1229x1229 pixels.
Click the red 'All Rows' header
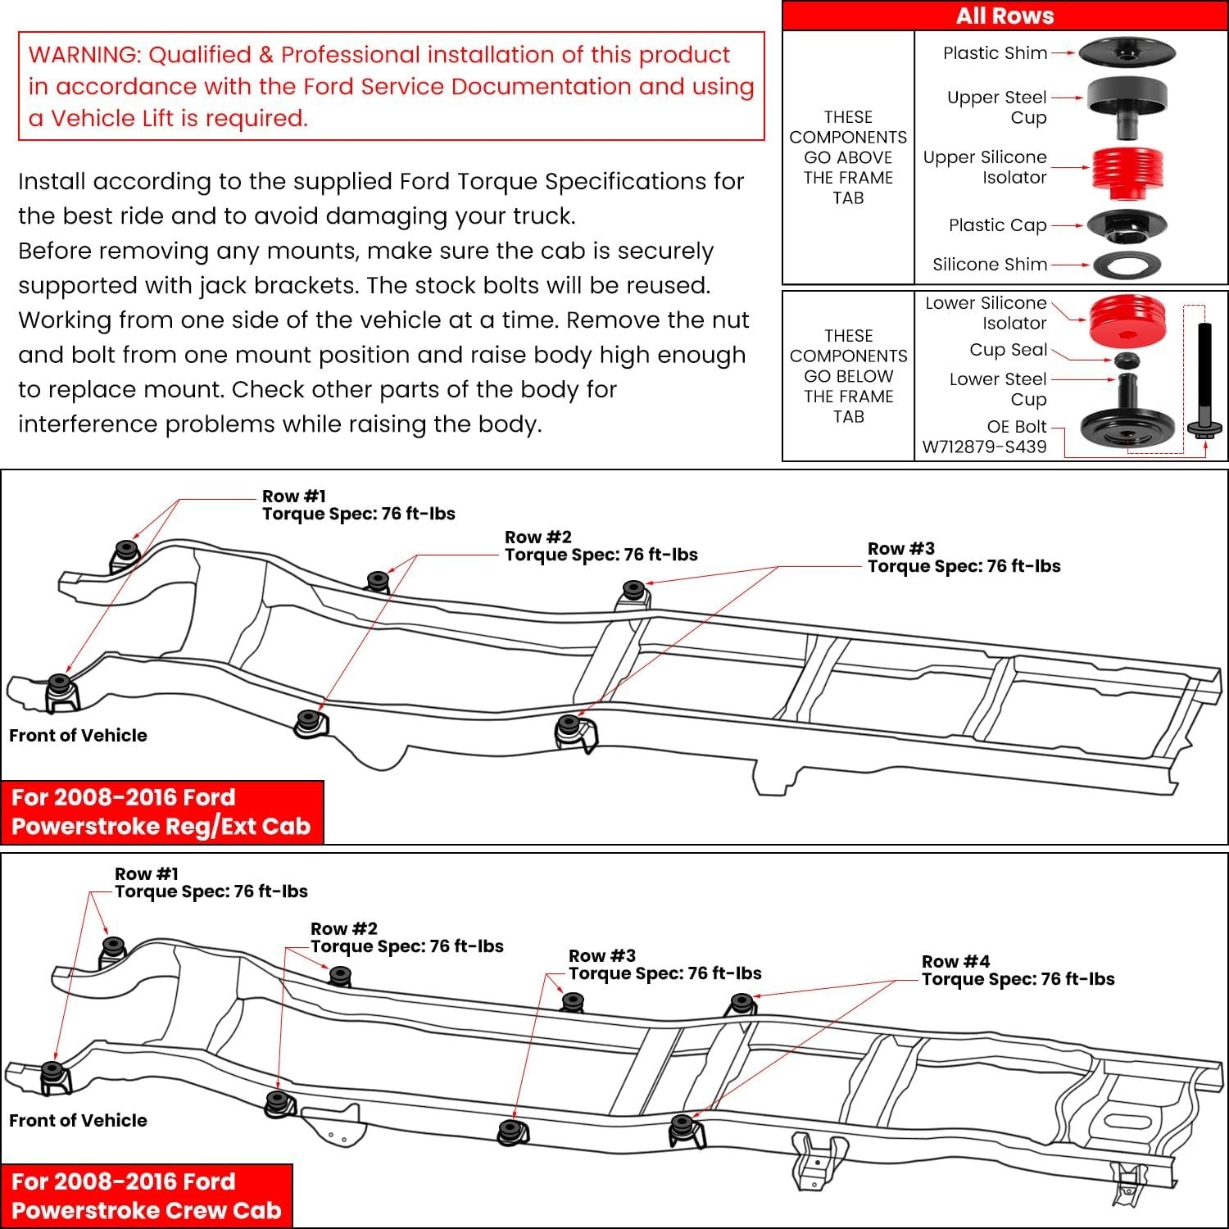tap(1005, 16)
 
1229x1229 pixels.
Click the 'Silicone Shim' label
tap(990, 265)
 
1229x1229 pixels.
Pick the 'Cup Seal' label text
tap(1008, 350)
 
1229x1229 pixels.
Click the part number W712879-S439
tap(984, 447)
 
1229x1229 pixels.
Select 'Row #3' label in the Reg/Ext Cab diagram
tap(901, 548)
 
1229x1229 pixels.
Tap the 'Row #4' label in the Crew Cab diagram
tap(955, 961)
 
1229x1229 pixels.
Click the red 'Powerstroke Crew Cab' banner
tap(147, 1195)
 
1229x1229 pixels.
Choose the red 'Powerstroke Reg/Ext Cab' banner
tap(161, 811)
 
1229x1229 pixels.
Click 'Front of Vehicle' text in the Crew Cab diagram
tap(78, 1120)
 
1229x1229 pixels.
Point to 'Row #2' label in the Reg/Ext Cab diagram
tap(537, 537)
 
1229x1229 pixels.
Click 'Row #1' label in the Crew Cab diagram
tap(147, 874)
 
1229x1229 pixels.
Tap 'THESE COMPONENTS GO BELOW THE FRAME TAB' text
tap(848, 376)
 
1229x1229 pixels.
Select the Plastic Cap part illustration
tap(1127, 224)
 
